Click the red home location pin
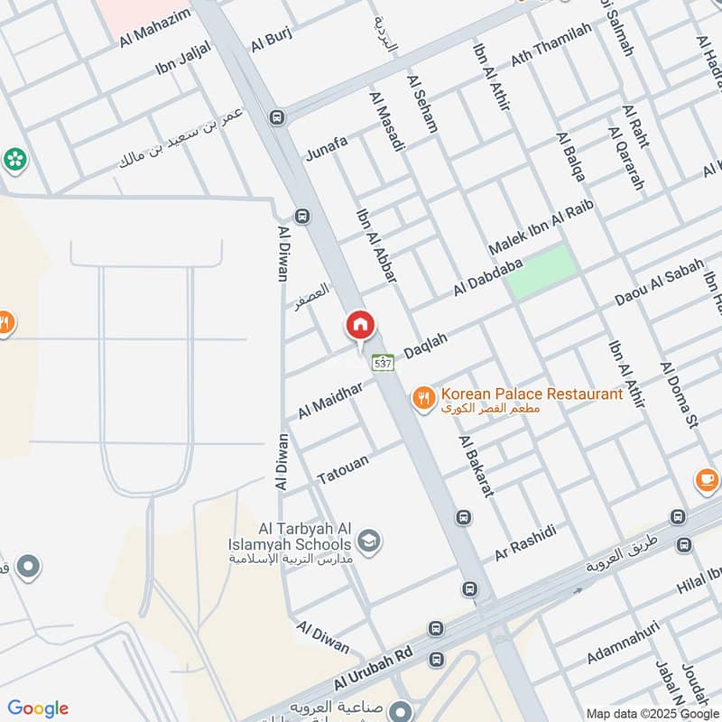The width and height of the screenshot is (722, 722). [x=361, y=326]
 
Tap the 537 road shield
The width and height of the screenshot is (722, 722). [x=383, y=363]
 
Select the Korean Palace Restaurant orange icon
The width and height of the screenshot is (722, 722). [x=422, y=395]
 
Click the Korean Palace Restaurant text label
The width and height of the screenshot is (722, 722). [x=531, y=394]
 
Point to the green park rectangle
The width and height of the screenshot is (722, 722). [x=541, y=271]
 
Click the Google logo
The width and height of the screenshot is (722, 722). [x=38, y=708]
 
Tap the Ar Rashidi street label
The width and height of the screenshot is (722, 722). [x=523, y=542]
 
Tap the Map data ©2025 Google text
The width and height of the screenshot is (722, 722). [x=652, y=712]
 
